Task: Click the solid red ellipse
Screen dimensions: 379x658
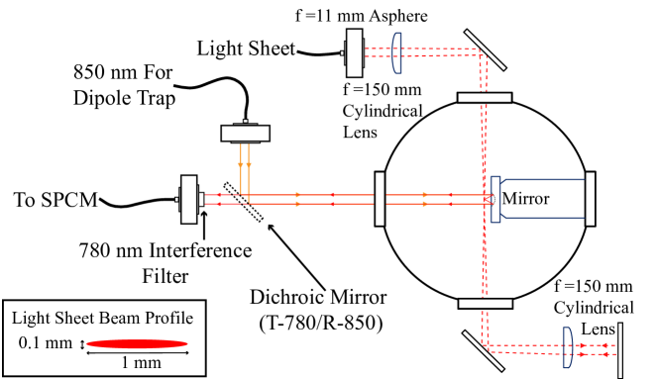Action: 137,343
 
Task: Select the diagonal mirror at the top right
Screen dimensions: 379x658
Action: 485,49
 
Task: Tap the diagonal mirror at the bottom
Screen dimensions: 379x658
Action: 483,350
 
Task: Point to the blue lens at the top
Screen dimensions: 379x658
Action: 396,50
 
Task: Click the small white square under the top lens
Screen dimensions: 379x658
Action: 398,75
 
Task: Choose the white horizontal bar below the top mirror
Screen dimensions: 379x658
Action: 485,98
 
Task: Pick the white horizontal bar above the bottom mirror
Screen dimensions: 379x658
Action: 485,304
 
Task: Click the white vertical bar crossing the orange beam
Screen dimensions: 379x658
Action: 380,199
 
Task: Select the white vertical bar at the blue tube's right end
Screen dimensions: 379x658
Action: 590,199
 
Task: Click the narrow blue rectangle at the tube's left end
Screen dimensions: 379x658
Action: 495,199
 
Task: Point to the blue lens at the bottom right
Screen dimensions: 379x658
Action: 567,347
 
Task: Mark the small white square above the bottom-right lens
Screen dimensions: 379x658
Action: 570,325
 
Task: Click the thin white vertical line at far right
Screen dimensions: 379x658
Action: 620,348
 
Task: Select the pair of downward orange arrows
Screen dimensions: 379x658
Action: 245,163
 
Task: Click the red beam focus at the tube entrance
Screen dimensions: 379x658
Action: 487,199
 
